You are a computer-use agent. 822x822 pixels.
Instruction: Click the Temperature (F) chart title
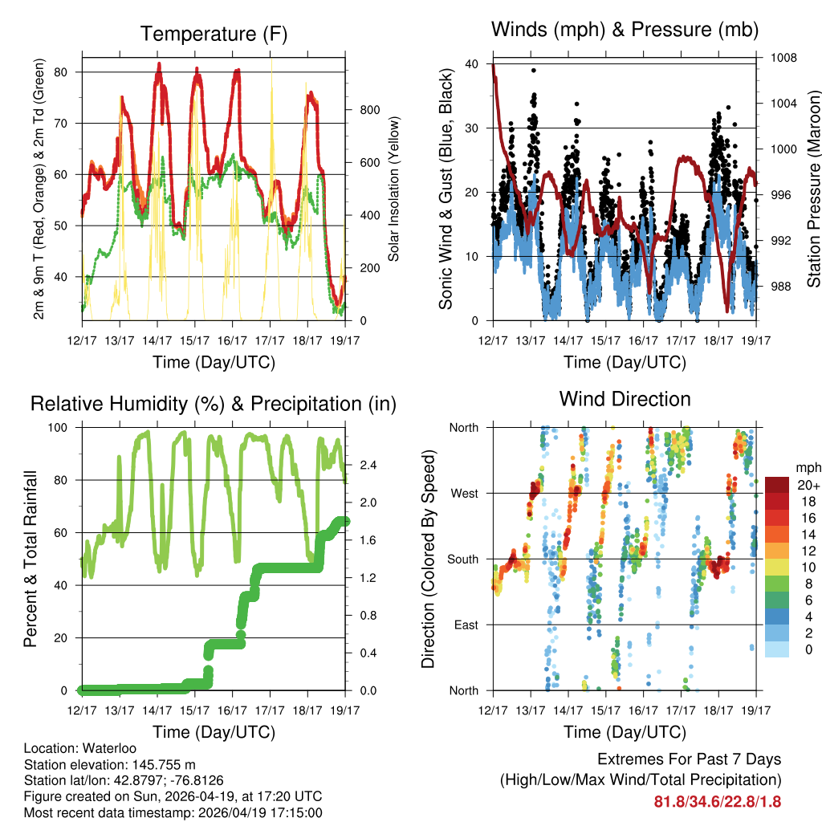pyautogui.click(x=214, y=34)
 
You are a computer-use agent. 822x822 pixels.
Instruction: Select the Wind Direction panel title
pyautogui.click(x=625, y=399)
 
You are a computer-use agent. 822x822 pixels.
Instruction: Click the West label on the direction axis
pyautogui.click(x=463, y=493)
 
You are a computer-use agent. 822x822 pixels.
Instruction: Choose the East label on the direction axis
pyautogui.click(x=465, y=625)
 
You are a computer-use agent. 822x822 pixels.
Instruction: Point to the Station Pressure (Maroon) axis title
pyautogui.click(x=813, y=189)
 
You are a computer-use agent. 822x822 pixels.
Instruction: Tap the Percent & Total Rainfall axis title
pyautogui.click(x=31, y=560)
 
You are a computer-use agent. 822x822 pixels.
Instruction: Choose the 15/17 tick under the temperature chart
pyautogui.click(x=195, y=340)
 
